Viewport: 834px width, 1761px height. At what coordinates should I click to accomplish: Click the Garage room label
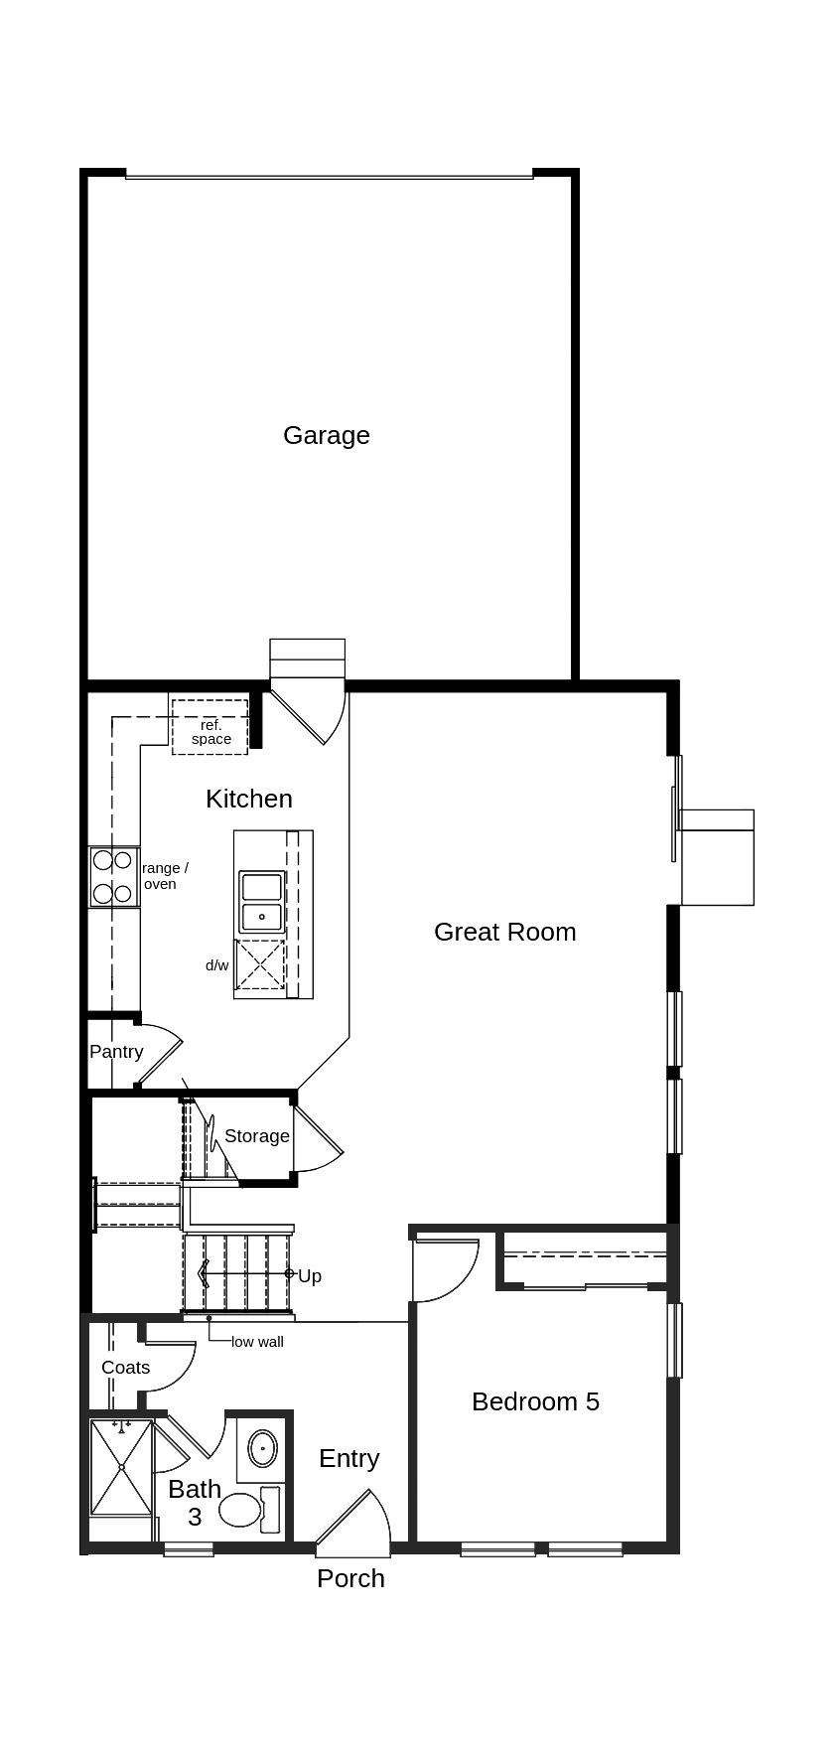coord(326,435)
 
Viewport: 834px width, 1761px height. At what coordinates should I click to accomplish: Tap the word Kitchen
coord(248,799)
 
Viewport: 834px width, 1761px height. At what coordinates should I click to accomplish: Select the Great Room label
coord(504,932)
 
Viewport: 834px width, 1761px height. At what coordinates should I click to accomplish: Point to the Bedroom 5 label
coord(535,1401)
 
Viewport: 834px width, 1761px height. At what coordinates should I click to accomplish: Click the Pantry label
coord(116,1052)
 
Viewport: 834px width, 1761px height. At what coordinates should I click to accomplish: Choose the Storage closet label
coord(256,1136)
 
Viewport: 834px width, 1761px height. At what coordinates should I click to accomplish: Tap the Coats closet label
coord(125,1368)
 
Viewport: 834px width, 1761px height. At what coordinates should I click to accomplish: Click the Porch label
coord(350,1578)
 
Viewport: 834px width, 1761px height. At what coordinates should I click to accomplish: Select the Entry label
coord(348,1458)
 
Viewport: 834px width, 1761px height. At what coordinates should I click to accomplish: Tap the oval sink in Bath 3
coord(262,1448)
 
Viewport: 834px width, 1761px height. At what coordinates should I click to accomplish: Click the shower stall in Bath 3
coord(121,1467)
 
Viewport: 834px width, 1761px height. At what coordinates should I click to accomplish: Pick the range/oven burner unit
coord(113,877)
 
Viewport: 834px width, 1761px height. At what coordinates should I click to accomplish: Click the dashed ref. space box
coord(209,727)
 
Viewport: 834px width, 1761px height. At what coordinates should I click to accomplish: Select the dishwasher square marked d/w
coord(260,965)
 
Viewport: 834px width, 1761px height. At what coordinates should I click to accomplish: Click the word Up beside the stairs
coord(310,1276)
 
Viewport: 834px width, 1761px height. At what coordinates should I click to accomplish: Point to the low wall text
coord(257,1342)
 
